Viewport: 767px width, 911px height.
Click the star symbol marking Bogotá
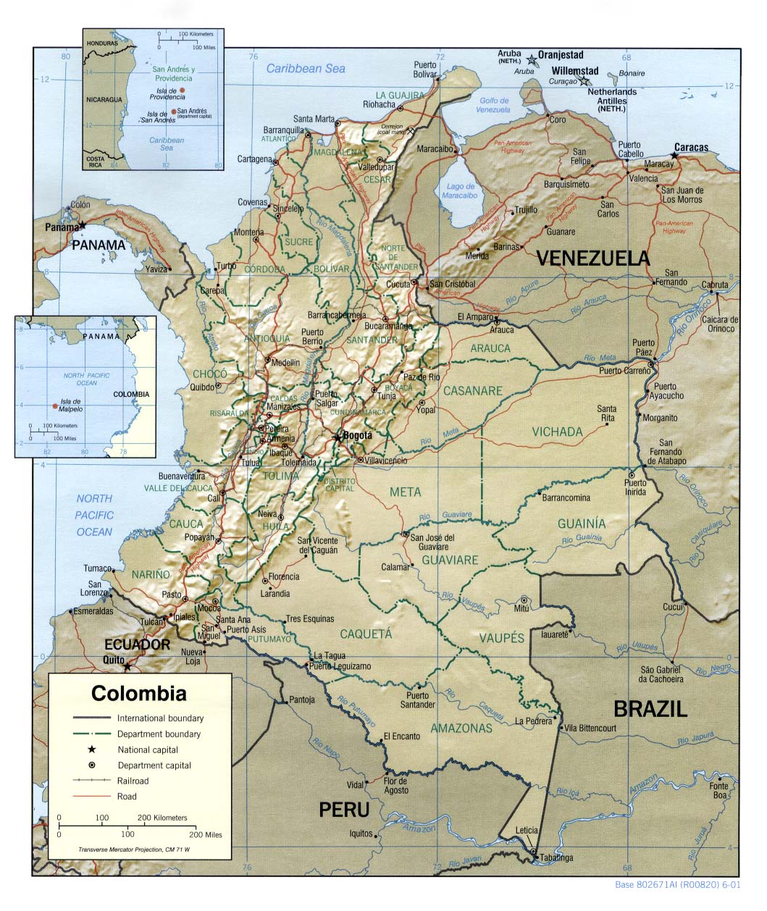coord(337,437)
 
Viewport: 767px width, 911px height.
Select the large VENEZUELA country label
coord(592,259)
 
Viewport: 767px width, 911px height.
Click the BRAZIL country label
coord(650,708)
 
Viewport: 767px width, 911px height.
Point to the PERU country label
coord(344,809)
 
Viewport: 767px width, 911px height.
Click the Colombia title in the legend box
coord(138,694)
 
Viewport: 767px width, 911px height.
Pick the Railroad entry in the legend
coord(133,781)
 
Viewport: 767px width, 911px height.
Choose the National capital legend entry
coord(148,750)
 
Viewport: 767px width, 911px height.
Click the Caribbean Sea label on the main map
coord(305,69)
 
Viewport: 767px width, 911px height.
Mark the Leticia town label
coord(527,830)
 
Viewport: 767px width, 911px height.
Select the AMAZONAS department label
coord(461,728)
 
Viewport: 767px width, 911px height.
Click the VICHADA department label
coord(557,432)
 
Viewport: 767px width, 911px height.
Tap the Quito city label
coord(114,660)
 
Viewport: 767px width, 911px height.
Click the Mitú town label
coord(521,609)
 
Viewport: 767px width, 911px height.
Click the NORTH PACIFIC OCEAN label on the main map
coord(95,515)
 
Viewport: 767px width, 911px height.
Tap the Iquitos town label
coord(360,834)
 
